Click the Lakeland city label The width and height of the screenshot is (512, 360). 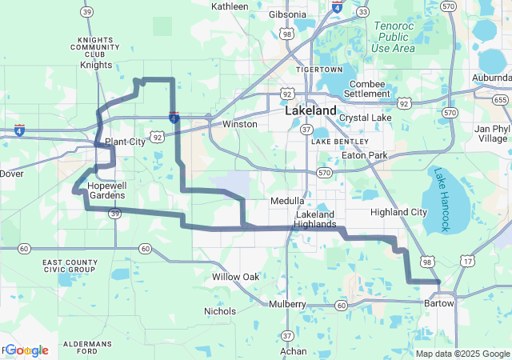pos(310,111)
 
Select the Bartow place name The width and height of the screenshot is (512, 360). pos(438,303)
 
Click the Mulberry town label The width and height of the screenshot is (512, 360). pos(287,305)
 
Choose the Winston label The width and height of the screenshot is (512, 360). pos(239,124)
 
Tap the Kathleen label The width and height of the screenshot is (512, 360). pos(230,6)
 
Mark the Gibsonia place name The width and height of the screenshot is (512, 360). pos(287,15)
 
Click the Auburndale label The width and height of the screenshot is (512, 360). pos(491,78)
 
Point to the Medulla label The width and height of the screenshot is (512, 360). pos(287,200)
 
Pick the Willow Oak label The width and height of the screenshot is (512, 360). pos(235,277)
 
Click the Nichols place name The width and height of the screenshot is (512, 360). pos(220,311)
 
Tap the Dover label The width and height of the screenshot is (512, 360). pos(11,173)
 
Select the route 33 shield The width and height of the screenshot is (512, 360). pos(363,12)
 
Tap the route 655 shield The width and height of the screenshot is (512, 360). pos(500,100)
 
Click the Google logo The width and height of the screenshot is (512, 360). pos(26,350)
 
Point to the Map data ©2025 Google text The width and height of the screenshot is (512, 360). pos(462,354)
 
